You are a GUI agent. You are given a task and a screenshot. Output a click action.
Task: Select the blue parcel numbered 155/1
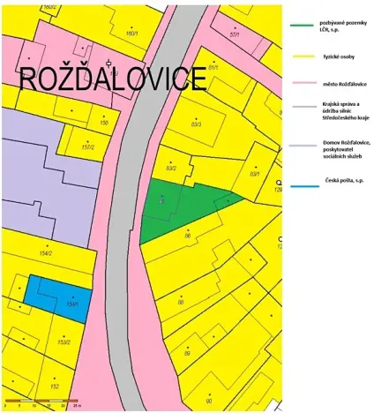58,293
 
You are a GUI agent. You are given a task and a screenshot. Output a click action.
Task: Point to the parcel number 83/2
171,168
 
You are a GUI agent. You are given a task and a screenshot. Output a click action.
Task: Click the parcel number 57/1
234,34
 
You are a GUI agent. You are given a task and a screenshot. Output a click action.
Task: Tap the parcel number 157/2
87,147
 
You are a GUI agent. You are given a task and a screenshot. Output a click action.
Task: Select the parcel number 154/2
46,253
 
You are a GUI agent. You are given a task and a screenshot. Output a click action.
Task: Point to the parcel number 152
54,387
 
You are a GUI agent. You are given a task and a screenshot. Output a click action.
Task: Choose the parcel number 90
207,399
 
